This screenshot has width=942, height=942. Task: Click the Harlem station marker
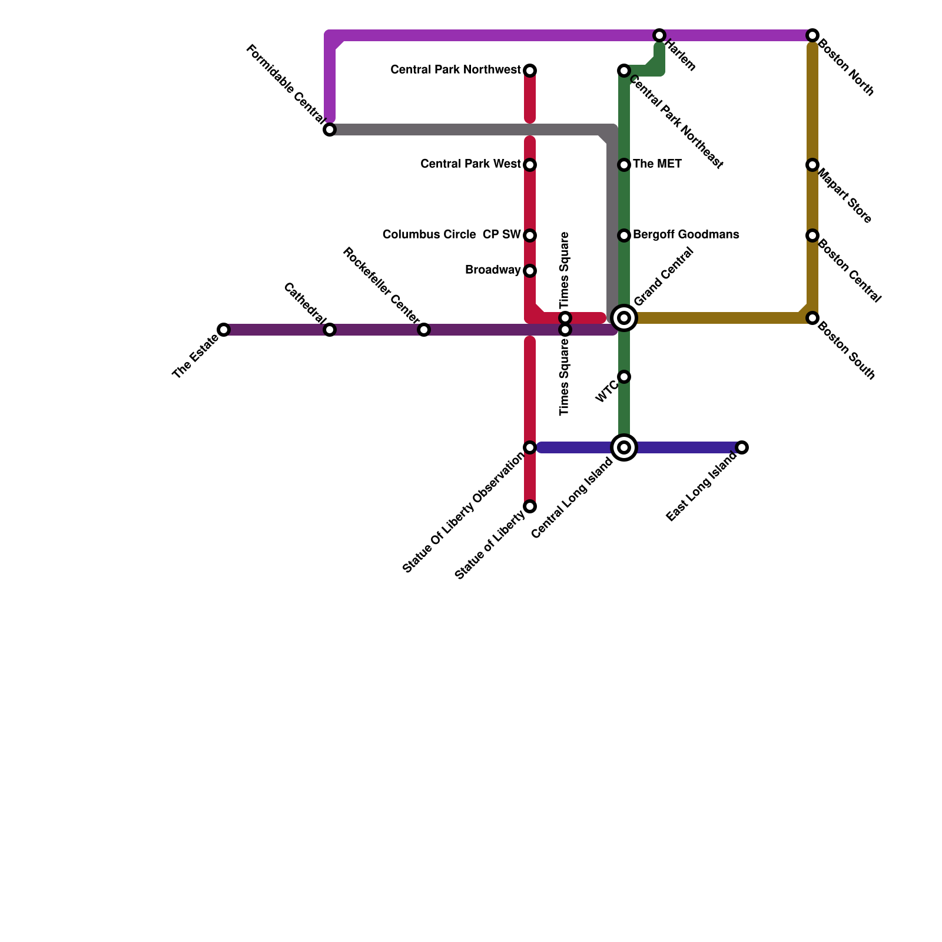(x=659, y=35)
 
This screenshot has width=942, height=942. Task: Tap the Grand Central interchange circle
(x=624, y=318)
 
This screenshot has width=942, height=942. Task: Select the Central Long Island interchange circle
(x=624, y=447)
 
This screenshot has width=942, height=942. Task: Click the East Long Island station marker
(x=742, y=447)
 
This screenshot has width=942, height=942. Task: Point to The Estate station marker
(x=224, y=330)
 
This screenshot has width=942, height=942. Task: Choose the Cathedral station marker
(x=330, y=330)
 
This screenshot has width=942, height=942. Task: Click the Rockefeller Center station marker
(x=424, y=330)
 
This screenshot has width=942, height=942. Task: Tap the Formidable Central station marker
(x=330, y=130)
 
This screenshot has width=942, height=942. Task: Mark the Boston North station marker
(x=812, y=35)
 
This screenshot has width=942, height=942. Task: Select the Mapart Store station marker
(x=812, y=165)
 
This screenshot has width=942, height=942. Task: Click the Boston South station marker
(x=812, y=318)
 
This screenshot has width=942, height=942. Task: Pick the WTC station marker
(x=624, y=377)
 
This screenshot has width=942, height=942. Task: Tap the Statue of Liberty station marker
(x=530, y=506)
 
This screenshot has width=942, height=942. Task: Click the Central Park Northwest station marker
(x=530, y=71)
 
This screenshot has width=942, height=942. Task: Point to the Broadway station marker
(x=530, y=271)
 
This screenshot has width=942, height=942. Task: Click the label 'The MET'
(x=657, y=164)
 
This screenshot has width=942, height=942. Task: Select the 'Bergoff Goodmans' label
(x=686, y=235)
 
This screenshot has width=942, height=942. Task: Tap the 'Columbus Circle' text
(x=429, y=235)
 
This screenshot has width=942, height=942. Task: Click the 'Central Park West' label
(x=470, y=164)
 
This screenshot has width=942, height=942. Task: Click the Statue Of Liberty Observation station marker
(x=530, y=447)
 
